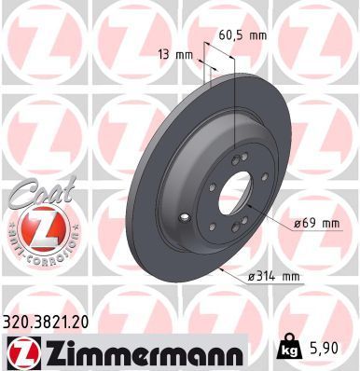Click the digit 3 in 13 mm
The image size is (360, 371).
(169, 55)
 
